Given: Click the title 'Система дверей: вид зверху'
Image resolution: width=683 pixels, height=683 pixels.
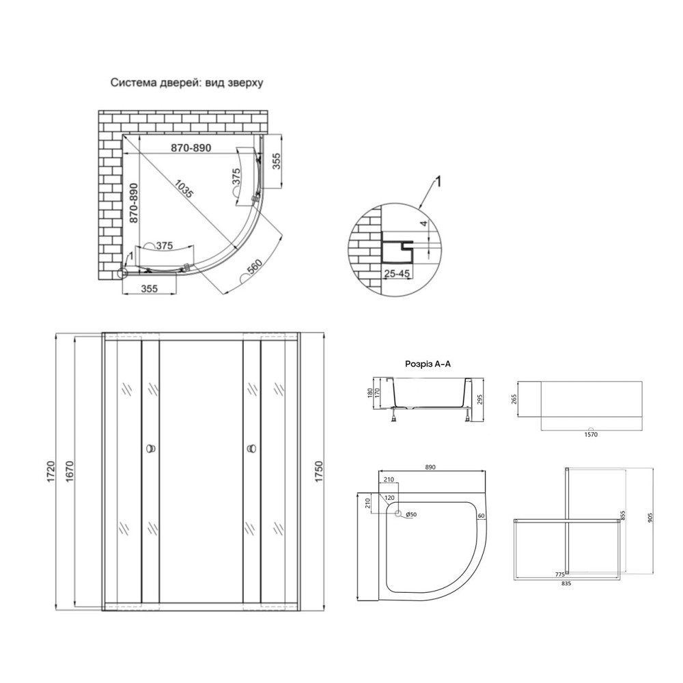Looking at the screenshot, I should coord(187,82).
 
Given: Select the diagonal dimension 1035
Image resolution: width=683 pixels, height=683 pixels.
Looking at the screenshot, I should coord(184,189).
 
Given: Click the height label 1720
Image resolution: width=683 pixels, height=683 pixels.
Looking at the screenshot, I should coord(50,471).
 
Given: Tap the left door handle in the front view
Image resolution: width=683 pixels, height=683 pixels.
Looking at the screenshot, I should coord(150,449).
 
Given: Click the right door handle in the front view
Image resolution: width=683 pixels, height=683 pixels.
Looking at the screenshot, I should coord(251,449).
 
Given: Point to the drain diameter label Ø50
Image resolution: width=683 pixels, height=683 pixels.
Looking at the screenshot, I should coord(412,514).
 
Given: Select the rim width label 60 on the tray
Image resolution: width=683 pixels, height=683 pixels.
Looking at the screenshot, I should coord(481,515).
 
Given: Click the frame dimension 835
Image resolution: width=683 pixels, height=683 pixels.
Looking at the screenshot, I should coord(566,584).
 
